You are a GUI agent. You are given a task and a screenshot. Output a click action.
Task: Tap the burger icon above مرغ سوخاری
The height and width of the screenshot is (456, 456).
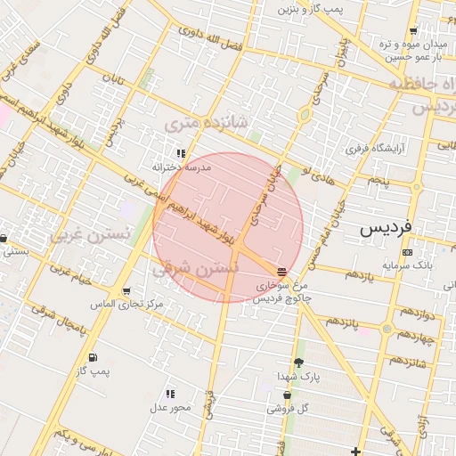click(x=282, y=270)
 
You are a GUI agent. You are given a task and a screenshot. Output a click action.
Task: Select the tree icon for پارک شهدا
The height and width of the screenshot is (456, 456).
click(x=298, y=362)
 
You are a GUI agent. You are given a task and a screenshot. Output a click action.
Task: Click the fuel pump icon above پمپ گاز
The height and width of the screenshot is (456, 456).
click(x=92, y=357)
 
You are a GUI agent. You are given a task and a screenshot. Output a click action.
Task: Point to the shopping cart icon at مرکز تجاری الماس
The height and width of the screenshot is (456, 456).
click(x=126, y=291)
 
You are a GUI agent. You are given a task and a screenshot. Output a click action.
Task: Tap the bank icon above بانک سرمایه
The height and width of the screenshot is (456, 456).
click(x=408, y=252)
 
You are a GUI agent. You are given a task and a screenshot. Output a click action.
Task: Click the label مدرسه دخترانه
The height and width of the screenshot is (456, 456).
click(x=181, y=167)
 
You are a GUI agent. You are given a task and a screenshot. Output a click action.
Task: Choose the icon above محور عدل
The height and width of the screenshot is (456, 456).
click(x=170, y=394)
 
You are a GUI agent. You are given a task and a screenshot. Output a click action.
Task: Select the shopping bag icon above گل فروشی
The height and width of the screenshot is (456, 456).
click(x=287, y=395)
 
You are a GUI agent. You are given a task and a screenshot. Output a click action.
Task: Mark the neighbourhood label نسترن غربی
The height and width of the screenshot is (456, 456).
click(x=90, y=234)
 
